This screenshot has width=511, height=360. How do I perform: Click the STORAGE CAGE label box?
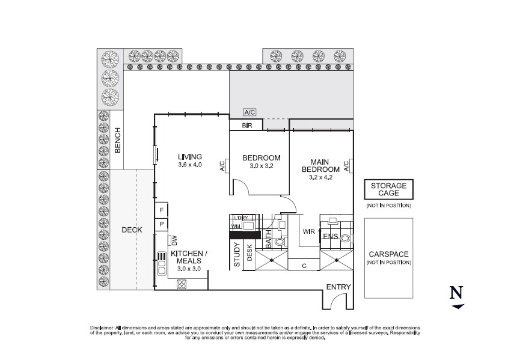[x=388, y=190]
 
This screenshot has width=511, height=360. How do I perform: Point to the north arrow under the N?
[x=458, y=307]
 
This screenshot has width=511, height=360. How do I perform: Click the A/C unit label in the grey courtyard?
[x=249, y=112]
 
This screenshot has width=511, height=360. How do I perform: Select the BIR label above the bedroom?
[x=246, y=126]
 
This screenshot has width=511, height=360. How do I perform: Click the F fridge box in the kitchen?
[x=162, y=210]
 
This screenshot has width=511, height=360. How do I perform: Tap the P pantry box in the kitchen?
[x=162, y=224]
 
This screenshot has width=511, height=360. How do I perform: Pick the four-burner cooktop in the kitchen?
[x=181, y=285]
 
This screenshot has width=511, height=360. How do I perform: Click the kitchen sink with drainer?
[x=161, y=263]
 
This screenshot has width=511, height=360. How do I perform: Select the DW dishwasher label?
[x=173, y=240]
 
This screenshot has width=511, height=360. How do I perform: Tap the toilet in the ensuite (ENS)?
[x=344, y=239]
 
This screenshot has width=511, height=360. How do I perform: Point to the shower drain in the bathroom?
[x=273, y=260]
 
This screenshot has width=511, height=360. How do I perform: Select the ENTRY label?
[x=337, y=287]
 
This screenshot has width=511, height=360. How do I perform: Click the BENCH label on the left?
[x=118, y=140]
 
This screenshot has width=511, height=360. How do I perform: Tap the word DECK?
[x=132, y=230]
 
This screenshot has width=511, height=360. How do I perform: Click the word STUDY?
[x=236, y=254]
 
